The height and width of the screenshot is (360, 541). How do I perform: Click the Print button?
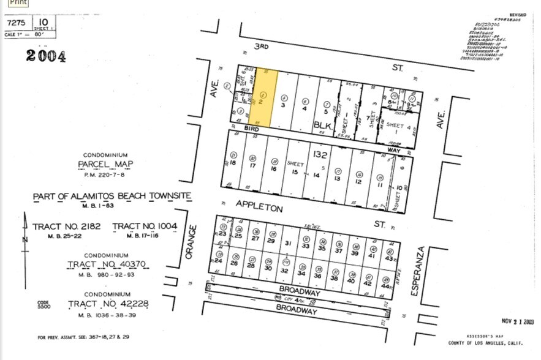click(9, 2)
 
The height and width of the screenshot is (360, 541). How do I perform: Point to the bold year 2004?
click(45, 57)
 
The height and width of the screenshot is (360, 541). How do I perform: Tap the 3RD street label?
click(262, 47)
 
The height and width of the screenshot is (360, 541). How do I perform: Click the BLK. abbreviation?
click(323, 126)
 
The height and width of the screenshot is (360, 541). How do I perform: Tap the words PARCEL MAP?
click(110, 165)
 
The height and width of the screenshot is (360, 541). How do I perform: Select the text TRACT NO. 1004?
click(145, 227)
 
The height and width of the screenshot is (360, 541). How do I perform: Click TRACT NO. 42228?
click(109, 304)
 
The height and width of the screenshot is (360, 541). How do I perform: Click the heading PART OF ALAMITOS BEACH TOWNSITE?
click(112, 197)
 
